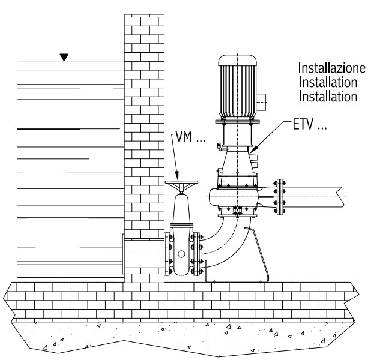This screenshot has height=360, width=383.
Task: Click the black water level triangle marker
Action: (64, 58)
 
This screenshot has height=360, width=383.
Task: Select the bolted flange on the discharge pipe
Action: (278, 195)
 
